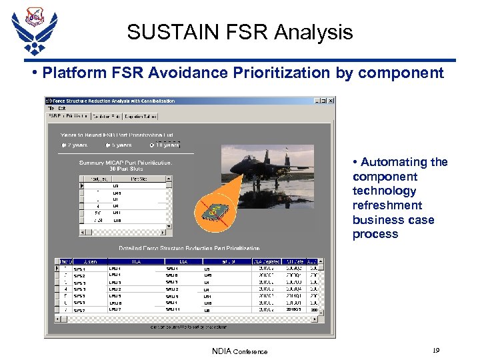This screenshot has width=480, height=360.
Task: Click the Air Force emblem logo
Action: pos(34,30)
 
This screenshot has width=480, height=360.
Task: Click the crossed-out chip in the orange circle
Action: pos(213,209)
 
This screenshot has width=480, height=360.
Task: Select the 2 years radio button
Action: pos(64,145)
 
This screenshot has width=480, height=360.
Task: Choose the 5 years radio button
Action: pos(107,145)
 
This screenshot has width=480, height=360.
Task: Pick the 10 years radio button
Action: pos(153,145)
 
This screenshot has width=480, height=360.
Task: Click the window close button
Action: pos(331,101)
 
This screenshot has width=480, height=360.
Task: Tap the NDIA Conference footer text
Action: pos(239,351)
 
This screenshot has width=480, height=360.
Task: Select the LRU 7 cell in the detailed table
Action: pos(115,310)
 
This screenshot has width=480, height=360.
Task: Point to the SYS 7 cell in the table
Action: pos(79,310)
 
